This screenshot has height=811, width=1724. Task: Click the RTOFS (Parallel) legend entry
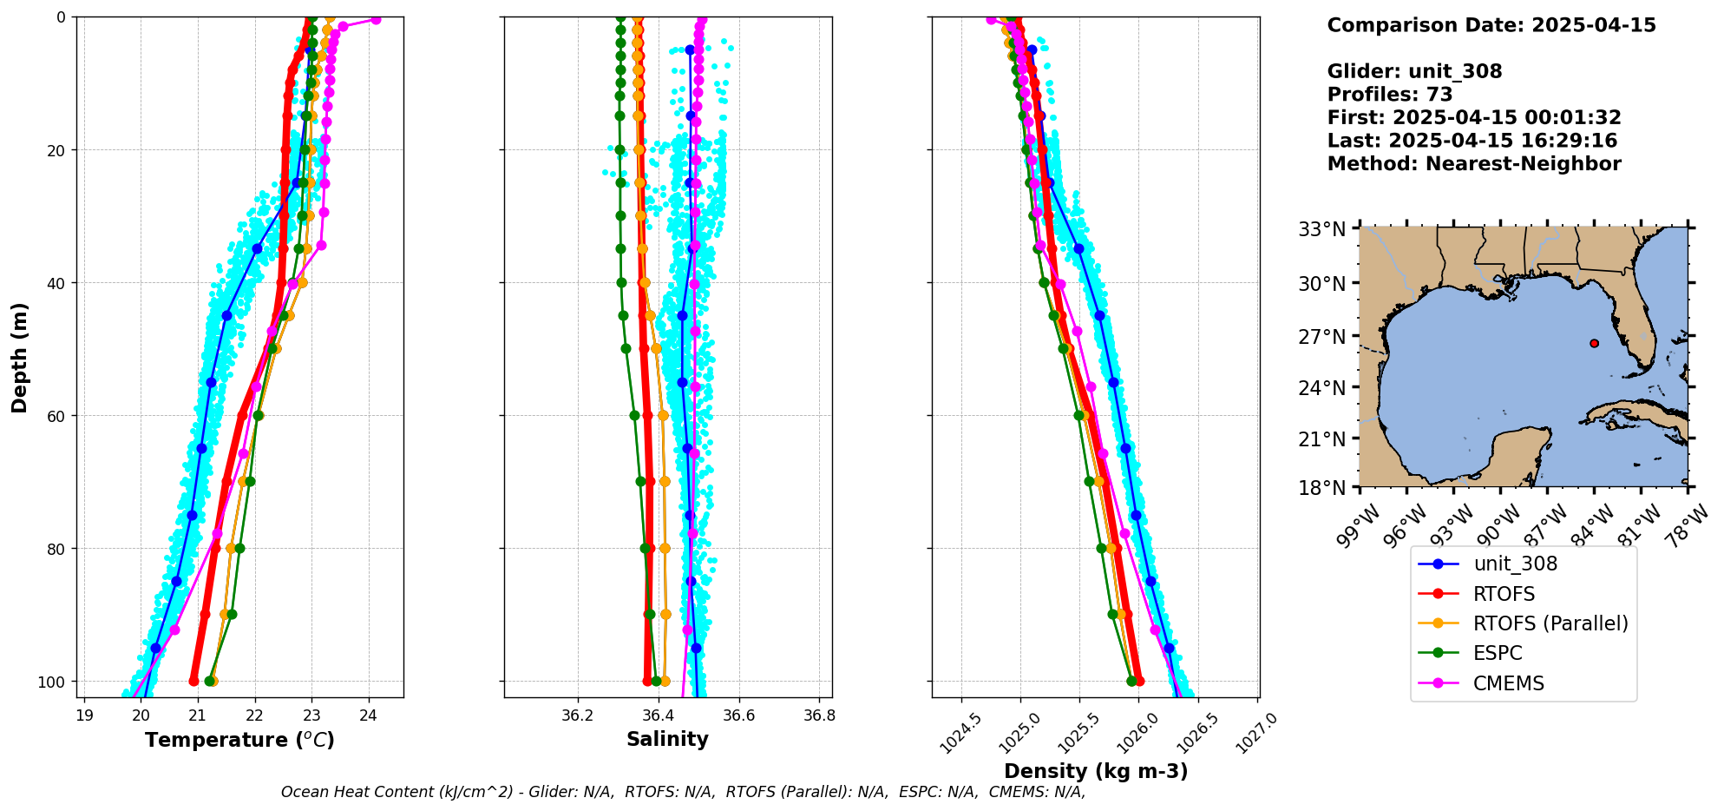tap(1550, 623)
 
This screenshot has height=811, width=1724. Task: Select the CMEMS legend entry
tap(1508, 683)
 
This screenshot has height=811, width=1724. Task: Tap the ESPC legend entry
tap(1497, 653)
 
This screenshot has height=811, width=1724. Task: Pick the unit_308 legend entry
tap(1515, 564)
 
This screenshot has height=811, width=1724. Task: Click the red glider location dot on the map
tap(1594, 343)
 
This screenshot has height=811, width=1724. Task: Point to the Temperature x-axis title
tap(239, 740)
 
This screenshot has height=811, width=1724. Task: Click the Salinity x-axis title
tap(667, 739)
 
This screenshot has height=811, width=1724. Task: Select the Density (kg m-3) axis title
tap(1095, 771)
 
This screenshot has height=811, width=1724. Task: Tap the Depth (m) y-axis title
tap(19, 357)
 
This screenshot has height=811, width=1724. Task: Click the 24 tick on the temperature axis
tap(368, 715)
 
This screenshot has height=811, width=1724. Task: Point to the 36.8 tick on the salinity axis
tap(819, 715)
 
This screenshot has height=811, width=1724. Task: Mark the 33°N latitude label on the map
tap(1321, 229)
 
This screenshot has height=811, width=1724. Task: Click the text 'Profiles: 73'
tap(1389, 95)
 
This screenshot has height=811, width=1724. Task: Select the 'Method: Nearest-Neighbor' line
tap(1473, 164)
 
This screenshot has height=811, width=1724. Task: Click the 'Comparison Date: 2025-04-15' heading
tap(1491, 25)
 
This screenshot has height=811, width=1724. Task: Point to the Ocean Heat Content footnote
tap(683, 792)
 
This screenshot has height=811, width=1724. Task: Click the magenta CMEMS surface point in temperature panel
tap(376, 19)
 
